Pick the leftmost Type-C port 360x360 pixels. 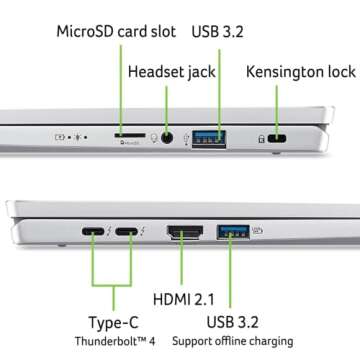[93, 236]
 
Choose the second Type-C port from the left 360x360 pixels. [129, 236]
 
